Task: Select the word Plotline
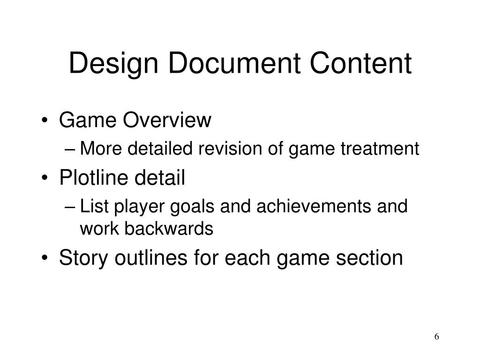point(96,178)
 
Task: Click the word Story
point(82,258)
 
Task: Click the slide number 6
point(437,337)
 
